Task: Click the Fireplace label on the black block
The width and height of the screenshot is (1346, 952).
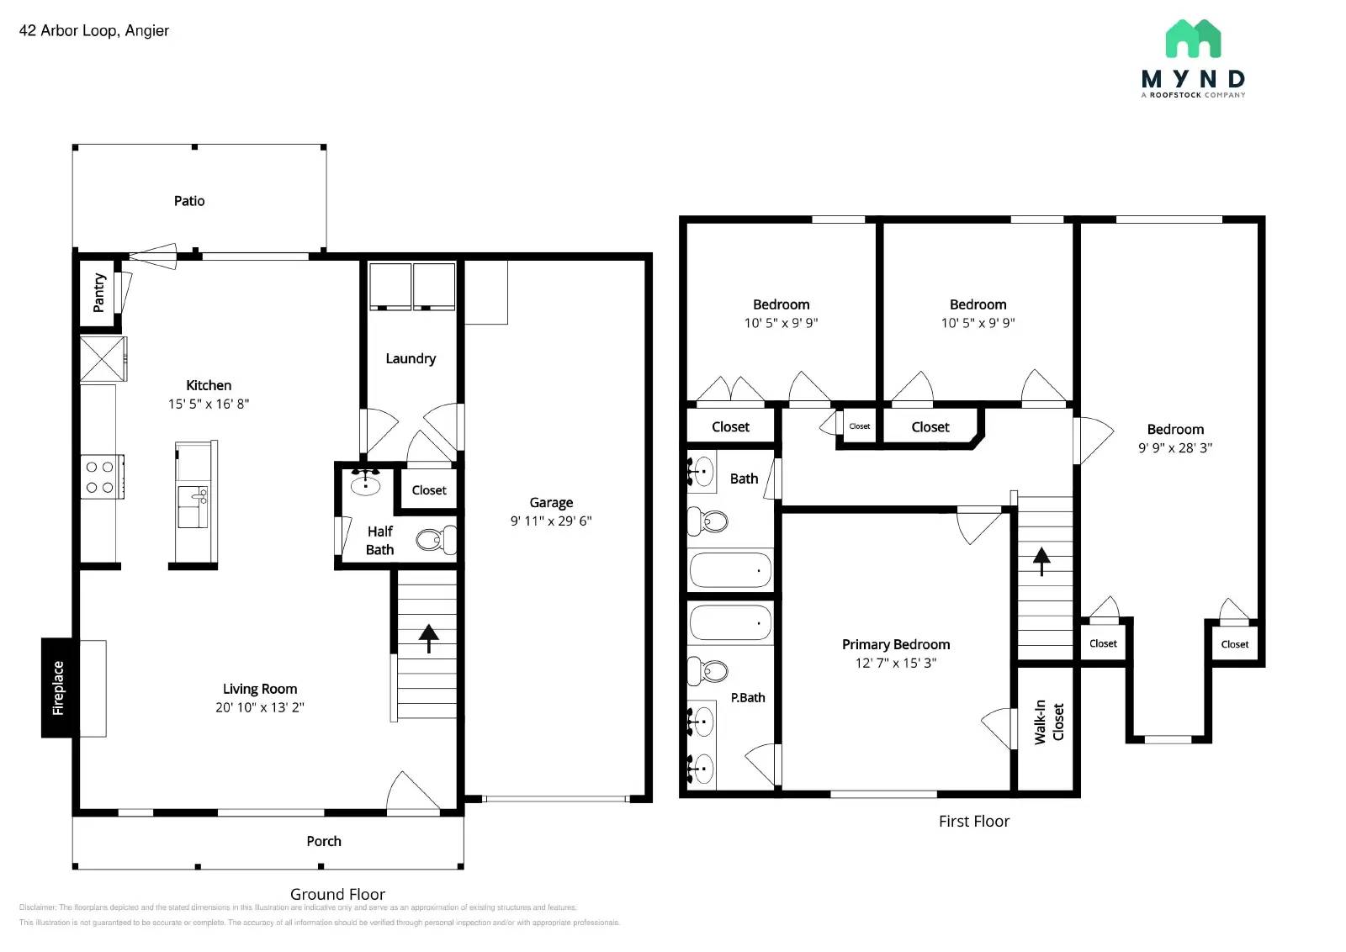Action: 58,688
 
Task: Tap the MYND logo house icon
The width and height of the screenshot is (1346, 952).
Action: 1193,40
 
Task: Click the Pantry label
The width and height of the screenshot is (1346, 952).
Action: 99,292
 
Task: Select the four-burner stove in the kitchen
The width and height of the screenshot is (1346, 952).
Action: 100,477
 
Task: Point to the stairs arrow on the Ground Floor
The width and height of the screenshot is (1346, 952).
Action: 429,637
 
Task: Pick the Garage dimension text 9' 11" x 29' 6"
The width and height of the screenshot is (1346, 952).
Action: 551,521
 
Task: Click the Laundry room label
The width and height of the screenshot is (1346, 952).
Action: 411,358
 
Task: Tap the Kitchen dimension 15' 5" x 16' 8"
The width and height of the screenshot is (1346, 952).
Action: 209,404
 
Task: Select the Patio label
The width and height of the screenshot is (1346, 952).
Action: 189,201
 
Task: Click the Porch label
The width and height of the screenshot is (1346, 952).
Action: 324,841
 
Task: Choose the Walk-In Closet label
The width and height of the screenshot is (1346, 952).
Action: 1049,722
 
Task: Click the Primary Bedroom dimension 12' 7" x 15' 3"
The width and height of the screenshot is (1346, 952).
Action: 896,663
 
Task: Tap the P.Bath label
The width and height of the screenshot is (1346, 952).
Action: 748,697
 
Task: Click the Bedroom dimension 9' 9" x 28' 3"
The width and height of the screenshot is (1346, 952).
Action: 1175,447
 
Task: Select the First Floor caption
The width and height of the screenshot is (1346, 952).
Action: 973,821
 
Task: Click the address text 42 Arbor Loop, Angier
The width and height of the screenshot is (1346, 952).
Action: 94,31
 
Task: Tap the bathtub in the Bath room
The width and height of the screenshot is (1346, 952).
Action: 730,569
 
